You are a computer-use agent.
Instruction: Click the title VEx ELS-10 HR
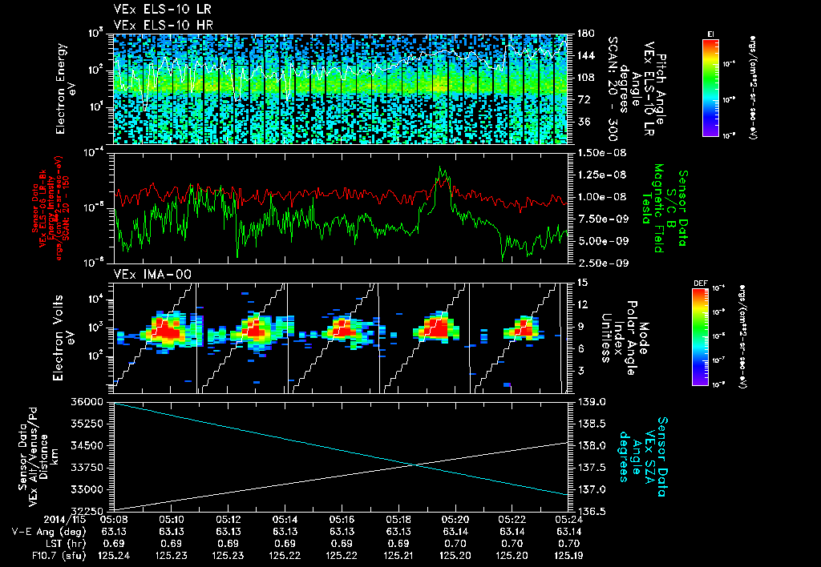click(x=156, y=24)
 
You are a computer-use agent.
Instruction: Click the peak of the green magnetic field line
click(x=439, y=167)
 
